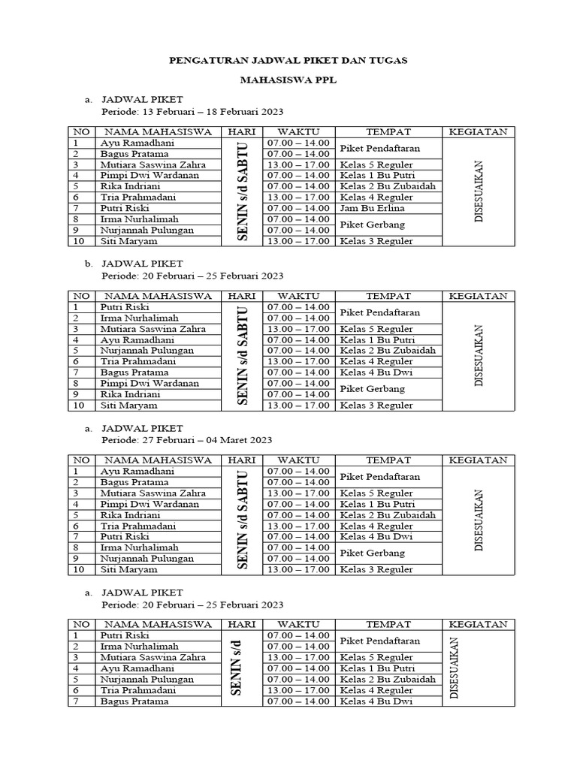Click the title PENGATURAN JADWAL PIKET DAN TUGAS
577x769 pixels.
[x=288, y=60]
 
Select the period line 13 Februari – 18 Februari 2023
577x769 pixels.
[x=192, y=112]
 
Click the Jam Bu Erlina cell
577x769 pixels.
[x=372, y=208]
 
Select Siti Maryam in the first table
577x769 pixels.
[x=128, y=241]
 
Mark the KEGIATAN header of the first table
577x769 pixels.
[x=478, y=132]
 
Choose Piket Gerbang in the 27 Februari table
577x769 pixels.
[x=373, y=553]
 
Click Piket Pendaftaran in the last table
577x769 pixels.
[x=379, y=641]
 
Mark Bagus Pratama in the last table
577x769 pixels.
[x=134, y=701]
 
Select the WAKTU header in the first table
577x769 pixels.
[x=298, y=132]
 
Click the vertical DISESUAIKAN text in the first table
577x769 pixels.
[x=479, y=191]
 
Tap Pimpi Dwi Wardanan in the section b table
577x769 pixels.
[x=149, y=383]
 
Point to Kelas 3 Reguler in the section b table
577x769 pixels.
[x=376, y=406]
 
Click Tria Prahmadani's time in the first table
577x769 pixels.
[x=298, y=197]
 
